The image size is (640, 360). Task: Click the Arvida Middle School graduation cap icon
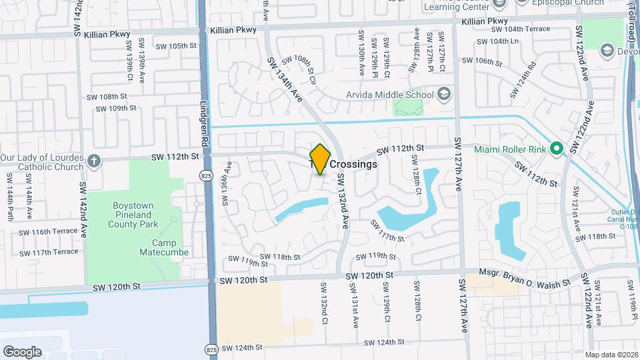(445, 94)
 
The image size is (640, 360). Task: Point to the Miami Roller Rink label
(511, 149)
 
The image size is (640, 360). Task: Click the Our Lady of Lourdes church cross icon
(95, 160)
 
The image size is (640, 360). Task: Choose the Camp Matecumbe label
(163, 247)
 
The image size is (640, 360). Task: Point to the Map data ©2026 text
(613, 355)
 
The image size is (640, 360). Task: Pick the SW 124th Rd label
(524, 77)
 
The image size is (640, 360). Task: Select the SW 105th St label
(175, 46)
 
